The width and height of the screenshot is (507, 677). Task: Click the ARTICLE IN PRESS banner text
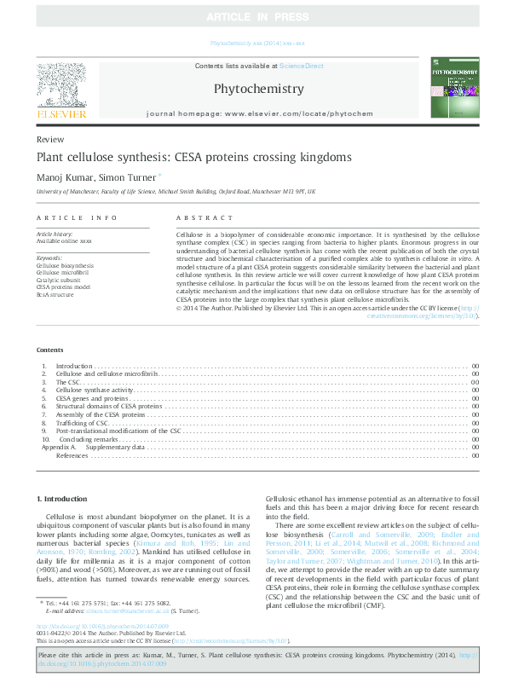(x=253, y=16)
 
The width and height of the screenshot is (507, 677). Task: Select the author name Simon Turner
(x=129, y=177)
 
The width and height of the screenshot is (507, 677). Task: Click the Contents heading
(x=50, y=350)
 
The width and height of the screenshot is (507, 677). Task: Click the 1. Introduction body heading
(x=61, y=498)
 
